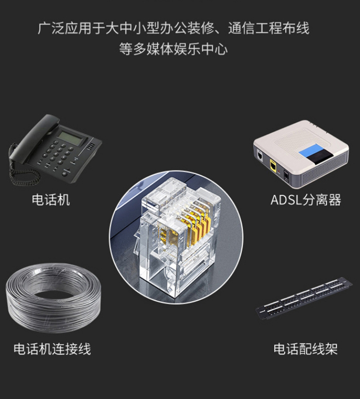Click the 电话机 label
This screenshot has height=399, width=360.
point(51,200)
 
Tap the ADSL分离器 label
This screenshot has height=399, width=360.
point(305,200)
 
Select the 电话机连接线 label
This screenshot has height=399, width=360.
point(52,349)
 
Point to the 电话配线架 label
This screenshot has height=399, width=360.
point(305,349)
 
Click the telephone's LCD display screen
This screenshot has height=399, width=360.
point(72,138)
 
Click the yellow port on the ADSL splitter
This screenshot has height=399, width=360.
point(273,165)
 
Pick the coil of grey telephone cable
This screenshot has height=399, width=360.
point(53,298)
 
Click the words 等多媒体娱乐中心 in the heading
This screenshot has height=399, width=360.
point(173,49)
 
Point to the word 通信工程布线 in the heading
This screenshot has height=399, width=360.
point(268,28)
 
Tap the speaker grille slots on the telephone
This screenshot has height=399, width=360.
point(91,147)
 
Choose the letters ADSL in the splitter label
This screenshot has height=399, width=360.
point(286,200)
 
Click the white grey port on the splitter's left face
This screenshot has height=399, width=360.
point(260,155)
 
